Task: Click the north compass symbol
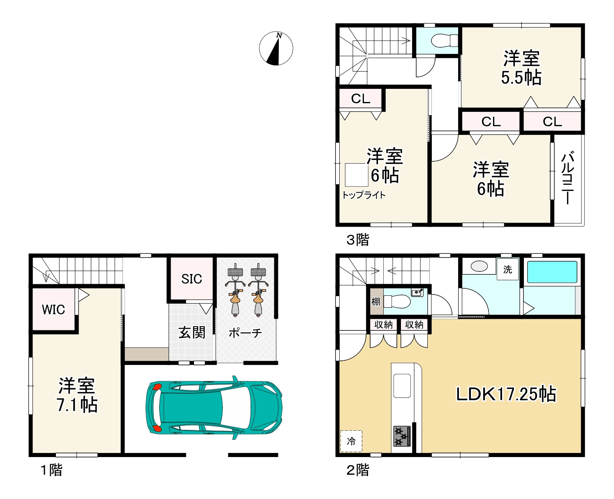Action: (x=276, y=49)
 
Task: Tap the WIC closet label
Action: (x=53, y=310)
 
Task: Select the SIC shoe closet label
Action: (x=191, y=279)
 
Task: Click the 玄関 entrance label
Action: (x=192, y=333)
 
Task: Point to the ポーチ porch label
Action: (x=245, y=333)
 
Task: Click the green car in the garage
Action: (x=214, y=408)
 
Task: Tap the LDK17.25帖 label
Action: (x=506, y=394)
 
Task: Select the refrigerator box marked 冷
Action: (x=351, y=441)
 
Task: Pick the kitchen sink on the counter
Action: (x=402, y=386)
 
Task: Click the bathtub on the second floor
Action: (x=552, y=272)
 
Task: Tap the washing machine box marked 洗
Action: (x=507, y=269)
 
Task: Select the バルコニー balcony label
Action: (x=568, y=177)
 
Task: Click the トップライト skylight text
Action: (x=364, y=195)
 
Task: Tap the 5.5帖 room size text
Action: (x=521, y=78)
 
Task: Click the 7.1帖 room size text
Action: (x=77, y=405)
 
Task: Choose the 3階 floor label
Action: (x=357, y=239)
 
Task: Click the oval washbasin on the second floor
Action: (x=479, y=266)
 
